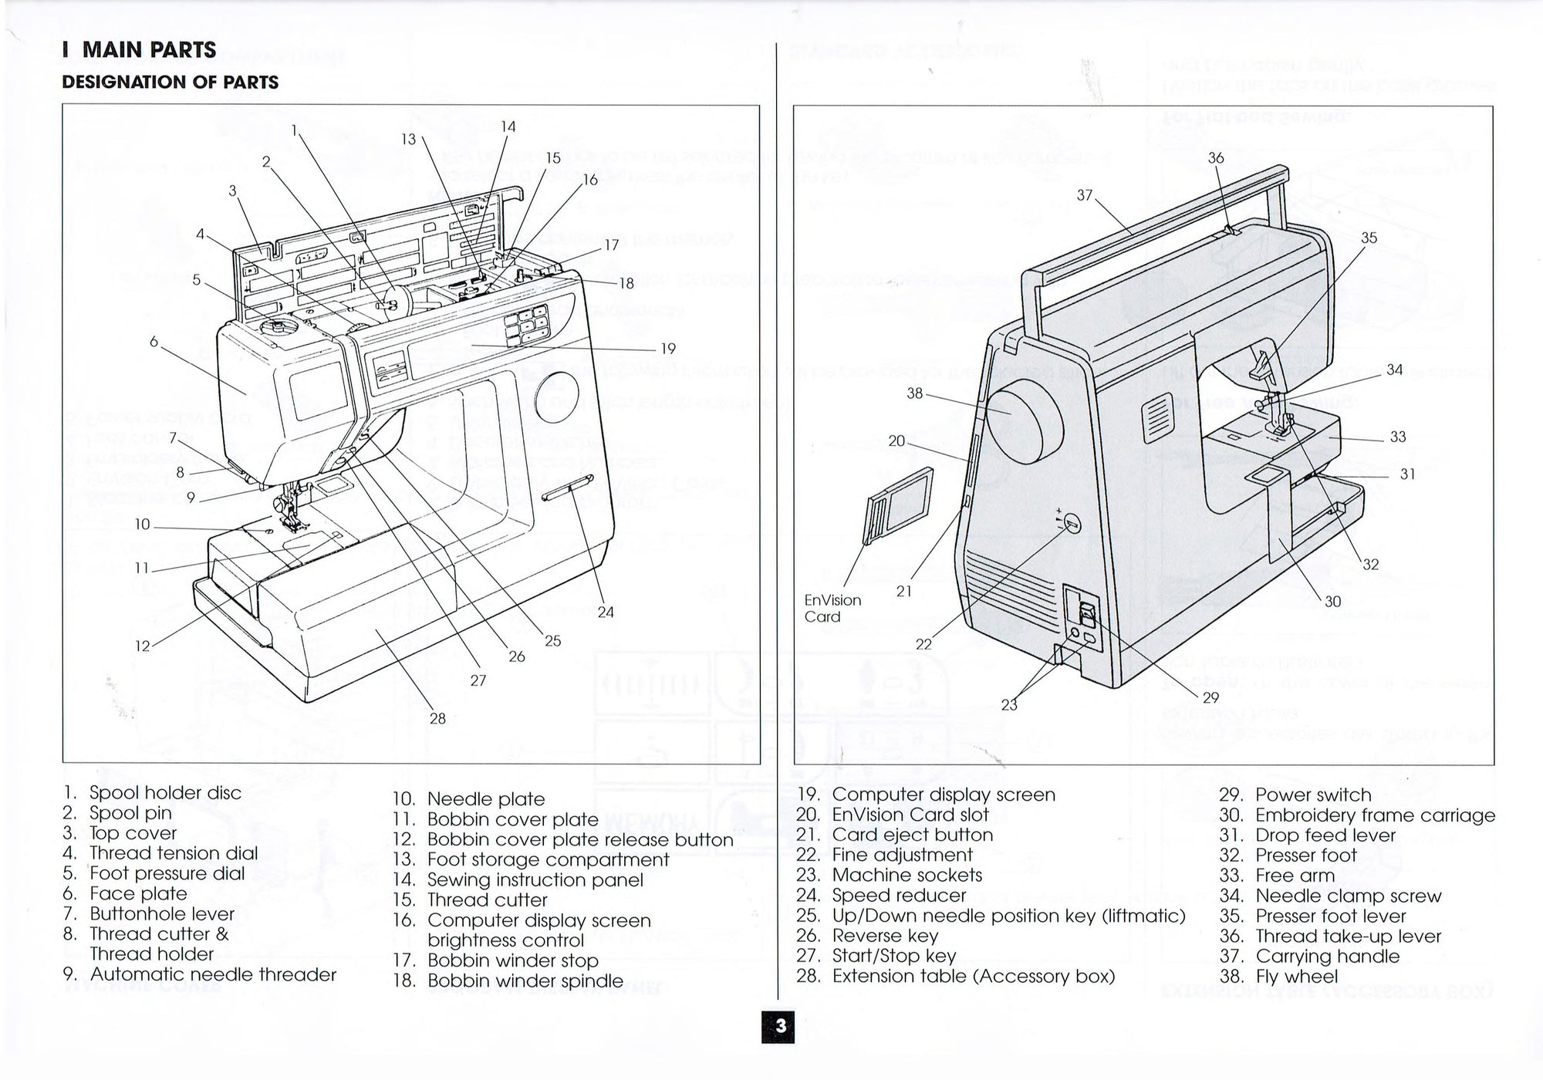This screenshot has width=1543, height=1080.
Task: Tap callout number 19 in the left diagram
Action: coord(667,349)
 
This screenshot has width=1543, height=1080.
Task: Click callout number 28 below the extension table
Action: coord(437,719)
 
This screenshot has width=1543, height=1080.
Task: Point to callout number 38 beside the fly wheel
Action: coord(914,393)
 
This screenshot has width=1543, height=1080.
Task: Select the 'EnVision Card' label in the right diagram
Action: coord(832,608)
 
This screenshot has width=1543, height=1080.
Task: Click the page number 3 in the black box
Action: coord(780,1027)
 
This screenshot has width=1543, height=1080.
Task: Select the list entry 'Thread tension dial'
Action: coord(173,853)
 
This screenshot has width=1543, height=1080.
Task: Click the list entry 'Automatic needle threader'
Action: coord(213,974)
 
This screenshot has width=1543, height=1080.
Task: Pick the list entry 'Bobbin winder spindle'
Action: coord(525,981)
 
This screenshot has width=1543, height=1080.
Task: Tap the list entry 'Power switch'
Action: coord(1312,795)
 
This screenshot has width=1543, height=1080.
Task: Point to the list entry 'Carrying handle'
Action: coord(1327,957)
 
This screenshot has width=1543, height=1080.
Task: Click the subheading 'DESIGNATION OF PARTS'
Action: coord(170,83)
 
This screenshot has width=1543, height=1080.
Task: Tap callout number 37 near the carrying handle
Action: coord(1084,195)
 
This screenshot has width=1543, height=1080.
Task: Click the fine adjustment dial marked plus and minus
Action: coord(1072,525)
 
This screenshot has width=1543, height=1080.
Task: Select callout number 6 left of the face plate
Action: coord(154,341)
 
